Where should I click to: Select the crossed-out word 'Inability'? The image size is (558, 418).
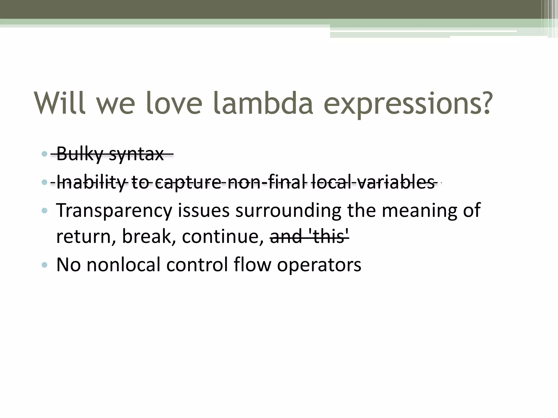pos(91,183)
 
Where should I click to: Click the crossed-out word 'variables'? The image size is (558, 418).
pos(396,182)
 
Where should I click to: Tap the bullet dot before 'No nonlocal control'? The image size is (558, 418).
pos(45,265)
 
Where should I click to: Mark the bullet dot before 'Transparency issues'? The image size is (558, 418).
pos(45,210)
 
